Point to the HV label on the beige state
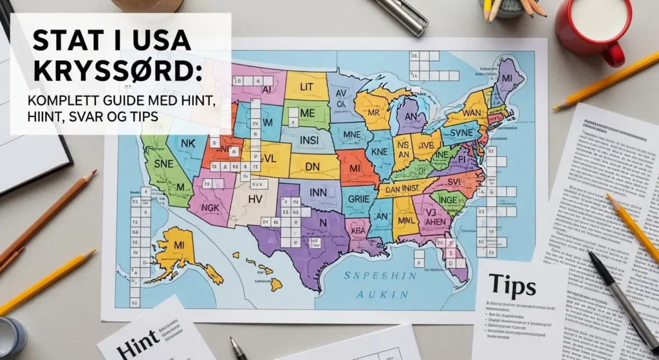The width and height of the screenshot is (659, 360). click(255, 200)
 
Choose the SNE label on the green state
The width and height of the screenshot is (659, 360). click(161, 164)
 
